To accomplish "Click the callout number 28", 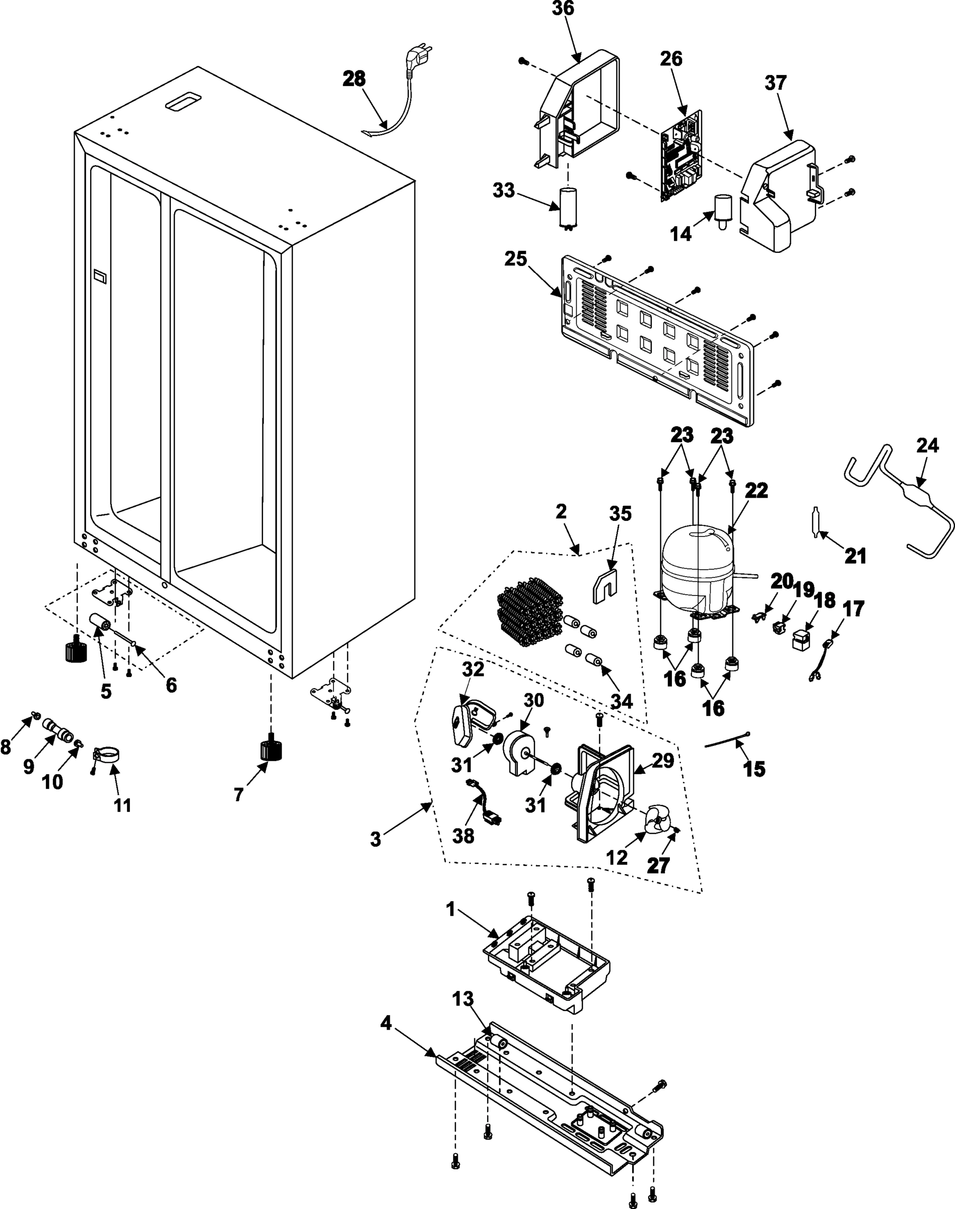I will click(354, 79).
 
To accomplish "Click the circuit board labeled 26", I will click(681, 157).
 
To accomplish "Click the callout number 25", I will click(515, 259).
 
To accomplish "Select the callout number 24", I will click(928, 446).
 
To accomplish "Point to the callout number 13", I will click(463, 999).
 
